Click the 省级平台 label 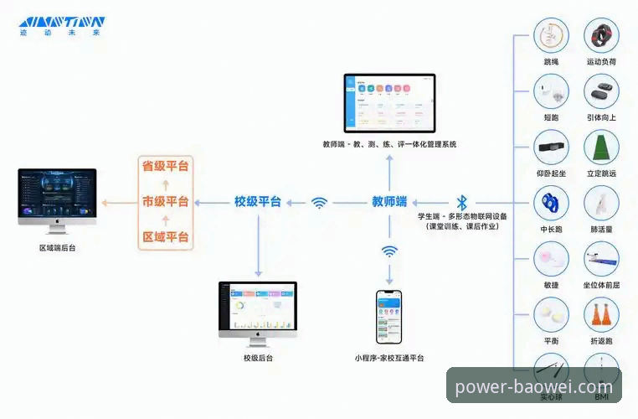(x=165, y=166)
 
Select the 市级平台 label (x=165, y=202)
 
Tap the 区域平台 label (x=165, y=237)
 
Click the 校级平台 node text (x=257, y=202)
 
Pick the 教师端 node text (x=389, y=202)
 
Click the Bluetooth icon (x=461, y=202)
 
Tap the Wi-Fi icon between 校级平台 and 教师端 (x=319, y=202)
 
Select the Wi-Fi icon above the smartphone (x=389, y=251)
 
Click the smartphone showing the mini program (x=388, y=318)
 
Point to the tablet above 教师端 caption (x=389, y=102)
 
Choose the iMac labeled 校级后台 (x=258, y=311)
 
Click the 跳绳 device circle (x=551, y=36)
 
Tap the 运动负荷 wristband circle (x=601, y=36)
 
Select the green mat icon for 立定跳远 (x=601, y=147)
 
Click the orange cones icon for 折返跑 (x=601, y=315)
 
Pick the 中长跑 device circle (x=551, y=203)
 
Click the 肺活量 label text (x=601, y=228)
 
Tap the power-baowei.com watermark (x=533, y=387)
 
